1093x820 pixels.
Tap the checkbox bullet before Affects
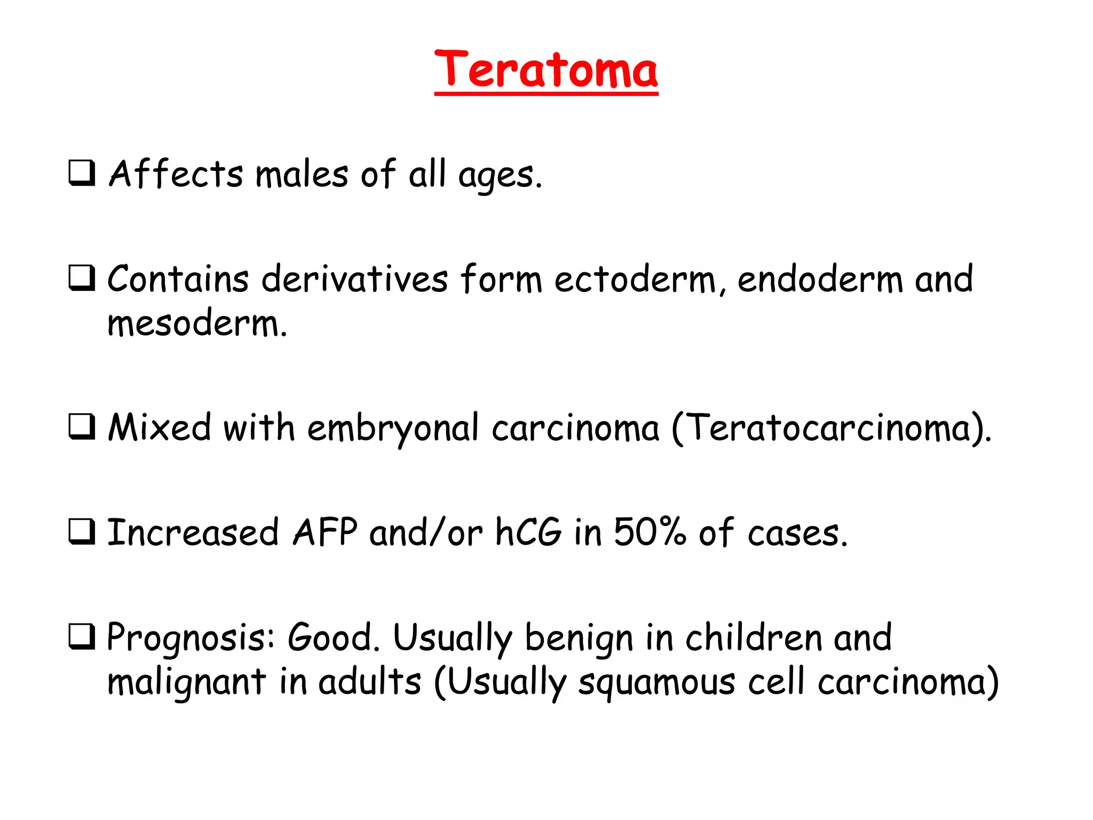tap(82, 173)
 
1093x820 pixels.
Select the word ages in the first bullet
tap(496, 176)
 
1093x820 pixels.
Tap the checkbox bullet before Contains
tap(82, 278)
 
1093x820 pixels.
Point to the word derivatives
tap(355, 279)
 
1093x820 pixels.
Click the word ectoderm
tap(635, 279)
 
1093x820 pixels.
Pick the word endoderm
tap(820, 279)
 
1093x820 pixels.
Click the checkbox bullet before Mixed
tap(82, 427)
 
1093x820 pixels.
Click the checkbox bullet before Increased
tap(82, 532)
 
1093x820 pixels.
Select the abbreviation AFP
tap(325, 532)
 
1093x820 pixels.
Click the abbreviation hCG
tap(528, 532)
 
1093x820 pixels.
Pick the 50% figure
tap(650, 532)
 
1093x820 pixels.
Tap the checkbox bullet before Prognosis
tap(82, 636)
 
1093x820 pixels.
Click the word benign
tap(579, 638)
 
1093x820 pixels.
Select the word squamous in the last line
tap(656, 683)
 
